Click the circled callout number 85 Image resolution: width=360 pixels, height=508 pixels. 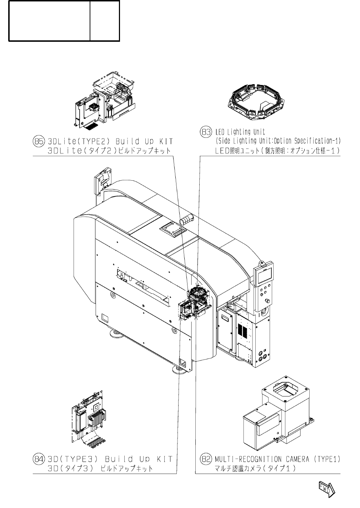point(38,141)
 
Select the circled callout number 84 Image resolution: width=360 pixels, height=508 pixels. point(38,458)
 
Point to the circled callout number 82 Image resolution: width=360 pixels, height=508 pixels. point(206,459)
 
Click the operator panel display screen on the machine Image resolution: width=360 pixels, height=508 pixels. point(264,275)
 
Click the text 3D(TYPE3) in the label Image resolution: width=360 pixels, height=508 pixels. point(72,458)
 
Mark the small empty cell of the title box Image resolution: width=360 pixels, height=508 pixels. point(104,21)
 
